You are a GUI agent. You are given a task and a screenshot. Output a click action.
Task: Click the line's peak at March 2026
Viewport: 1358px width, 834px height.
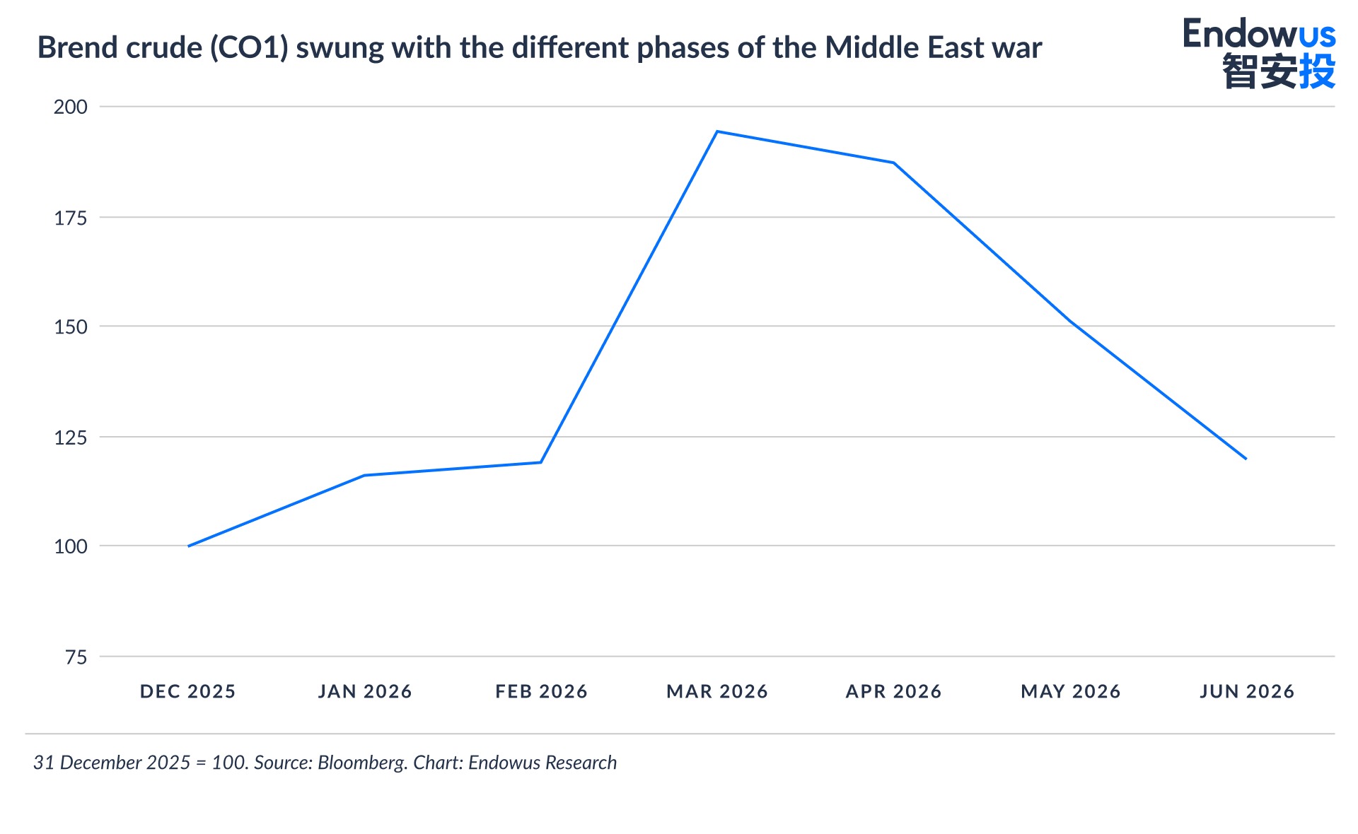point(717,131)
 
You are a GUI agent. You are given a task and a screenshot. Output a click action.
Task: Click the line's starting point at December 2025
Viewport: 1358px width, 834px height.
point(188,546)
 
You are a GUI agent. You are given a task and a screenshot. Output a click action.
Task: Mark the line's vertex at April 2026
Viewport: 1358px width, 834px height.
point(894,163)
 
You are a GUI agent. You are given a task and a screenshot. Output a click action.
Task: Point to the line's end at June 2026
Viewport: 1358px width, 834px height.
point(1246,459)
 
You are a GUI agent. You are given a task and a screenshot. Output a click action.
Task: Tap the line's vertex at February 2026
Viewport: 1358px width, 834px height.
point(541,462)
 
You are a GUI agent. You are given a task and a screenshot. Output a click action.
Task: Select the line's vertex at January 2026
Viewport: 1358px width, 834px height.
point(364,475)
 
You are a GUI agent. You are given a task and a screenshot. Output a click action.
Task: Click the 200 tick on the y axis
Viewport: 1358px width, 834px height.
point(71,107)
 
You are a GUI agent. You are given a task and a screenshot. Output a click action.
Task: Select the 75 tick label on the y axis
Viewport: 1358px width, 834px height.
point(76,657)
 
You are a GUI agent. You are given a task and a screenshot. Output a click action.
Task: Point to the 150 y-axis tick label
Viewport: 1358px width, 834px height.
point(71,327)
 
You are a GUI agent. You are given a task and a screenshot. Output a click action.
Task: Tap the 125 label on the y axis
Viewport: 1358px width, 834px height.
point(71,437)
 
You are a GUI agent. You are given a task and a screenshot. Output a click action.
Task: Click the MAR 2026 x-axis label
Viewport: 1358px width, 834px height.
point(717,691)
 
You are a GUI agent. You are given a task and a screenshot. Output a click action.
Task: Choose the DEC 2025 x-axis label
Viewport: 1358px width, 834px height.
point(188,691)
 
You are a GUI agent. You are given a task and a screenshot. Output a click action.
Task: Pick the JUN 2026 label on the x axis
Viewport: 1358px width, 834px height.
point(1247,691)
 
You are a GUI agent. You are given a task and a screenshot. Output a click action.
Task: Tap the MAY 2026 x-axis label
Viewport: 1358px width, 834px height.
point(1071,691)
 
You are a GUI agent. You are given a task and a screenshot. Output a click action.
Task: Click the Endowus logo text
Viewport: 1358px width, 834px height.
point(1259,33)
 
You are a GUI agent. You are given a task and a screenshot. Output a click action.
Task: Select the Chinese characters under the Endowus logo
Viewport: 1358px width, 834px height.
point(1279,71)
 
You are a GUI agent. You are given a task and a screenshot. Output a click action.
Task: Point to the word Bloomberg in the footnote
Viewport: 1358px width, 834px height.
point(362,763)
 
